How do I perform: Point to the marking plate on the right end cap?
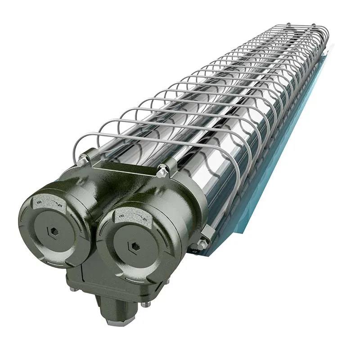131,217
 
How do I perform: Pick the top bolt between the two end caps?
162,171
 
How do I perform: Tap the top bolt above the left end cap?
83,158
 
